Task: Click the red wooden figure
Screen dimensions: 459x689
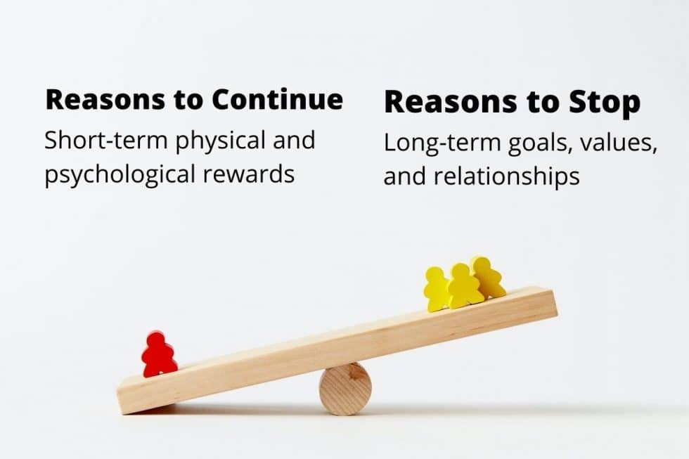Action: click(x=159, y=356)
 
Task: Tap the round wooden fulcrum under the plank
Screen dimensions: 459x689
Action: click(x=345, y=389)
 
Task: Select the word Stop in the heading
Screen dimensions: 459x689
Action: click(x=605, y=103)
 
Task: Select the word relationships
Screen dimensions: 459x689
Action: click(x=506, y=176)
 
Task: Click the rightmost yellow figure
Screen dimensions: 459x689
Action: click(x=488, y=277)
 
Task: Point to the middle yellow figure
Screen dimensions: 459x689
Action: click(x=463, y=285)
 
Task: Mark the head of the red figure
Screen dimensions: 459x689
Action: click(x=157, y=340)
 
